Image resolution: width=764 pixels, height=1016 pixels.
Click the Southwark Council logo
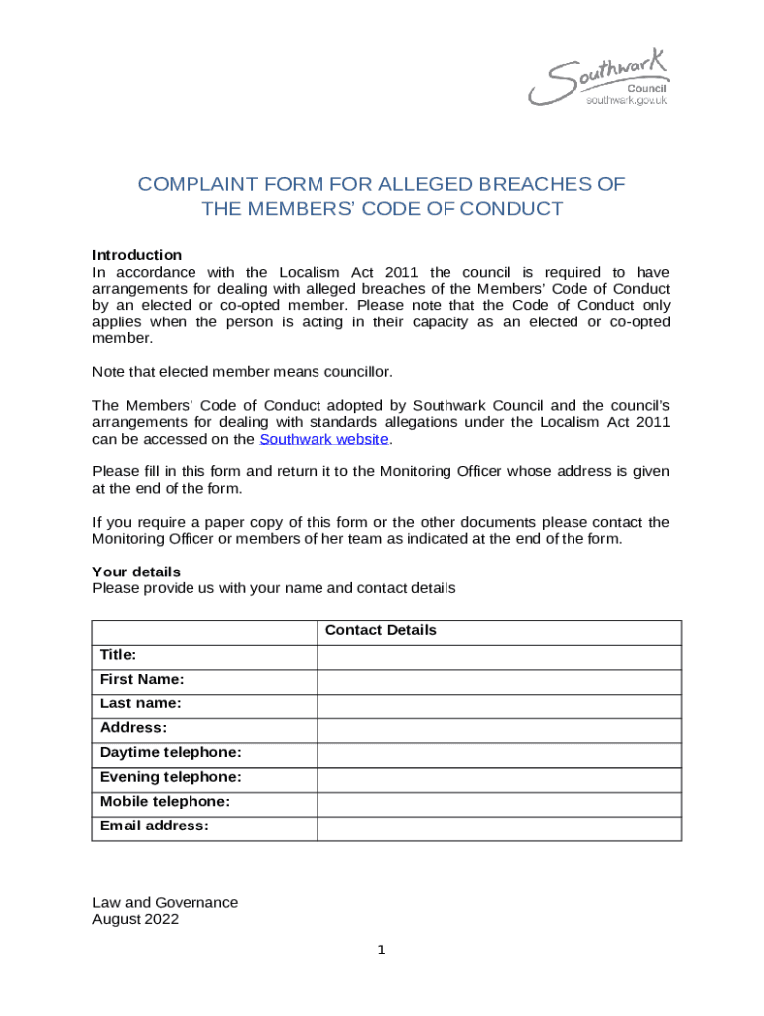coord(598,78)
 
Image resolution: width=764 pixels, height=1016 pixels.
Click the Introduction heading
coord(137,255)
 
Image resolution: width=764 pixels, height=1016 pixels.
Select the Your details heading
coord(136,571)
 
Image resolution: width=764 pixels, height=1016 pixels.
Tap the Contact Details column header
coord(381,631)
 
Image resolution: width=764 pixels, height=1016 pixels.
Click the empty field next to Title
coord(499,657)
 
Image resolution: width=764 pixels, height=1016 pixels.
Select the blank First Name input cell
coord(499,681)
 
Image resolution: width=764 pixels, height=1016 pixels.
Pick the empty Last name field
coord(499,705)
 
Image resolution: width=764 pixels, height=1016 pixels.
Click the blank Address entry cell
coord(499,730)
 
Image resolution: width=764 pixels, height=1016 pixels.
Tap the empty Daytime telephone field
coord(499,755)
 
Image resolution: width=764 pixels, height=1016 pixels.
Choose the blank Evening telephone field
coord(499,779)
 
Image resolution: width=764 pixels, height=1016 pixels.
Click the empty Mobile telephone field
coord(499,804)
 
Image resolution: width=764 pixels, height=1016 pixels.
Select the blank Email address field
coord(499,828)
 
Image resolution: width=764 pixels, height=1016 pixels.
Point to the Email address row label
coord(155,825)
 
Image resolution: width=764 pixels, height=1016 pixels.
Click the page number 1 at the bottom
coord(381,951)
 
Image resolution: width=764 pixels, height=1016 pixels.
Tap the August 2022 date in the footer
coord(135,920)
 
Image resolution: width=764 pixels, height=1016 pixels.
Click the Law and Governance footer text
coord(165,903)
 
